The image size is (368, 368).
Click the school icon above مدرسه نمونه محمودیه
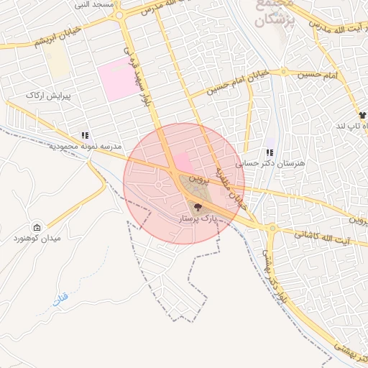click(x=85, y=135)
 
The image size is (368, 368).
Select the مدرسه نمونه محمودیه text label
click(x=85, y=147)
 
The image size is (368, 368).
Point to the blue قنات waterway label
click(x=60, y=298)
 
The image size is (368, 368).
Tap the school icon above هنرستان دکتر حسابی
click(x=270, y=152)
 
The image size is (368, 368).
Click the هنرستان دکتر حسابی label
click(x=280, y=163)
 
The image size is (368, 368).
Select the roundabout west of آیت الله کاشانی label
click(x=272, y=228)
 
